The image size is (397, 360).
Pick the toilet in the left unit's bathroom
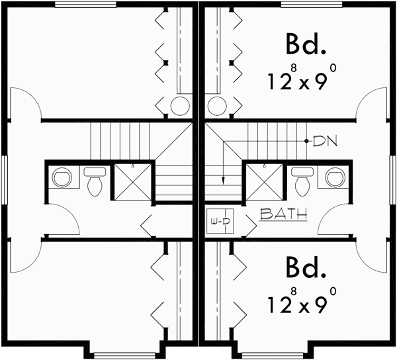[95, 181]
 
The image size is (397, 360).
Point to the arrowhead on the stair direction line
[224, 178]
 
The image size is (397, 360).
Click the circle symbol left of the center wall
[181, 105]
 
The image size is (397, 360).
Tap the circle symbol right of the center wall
[216, 105]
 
